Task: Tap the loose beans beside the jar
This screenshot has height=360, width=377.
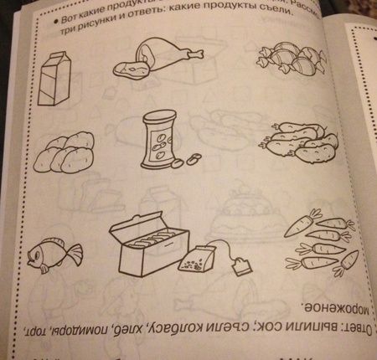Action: point(192,158)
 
